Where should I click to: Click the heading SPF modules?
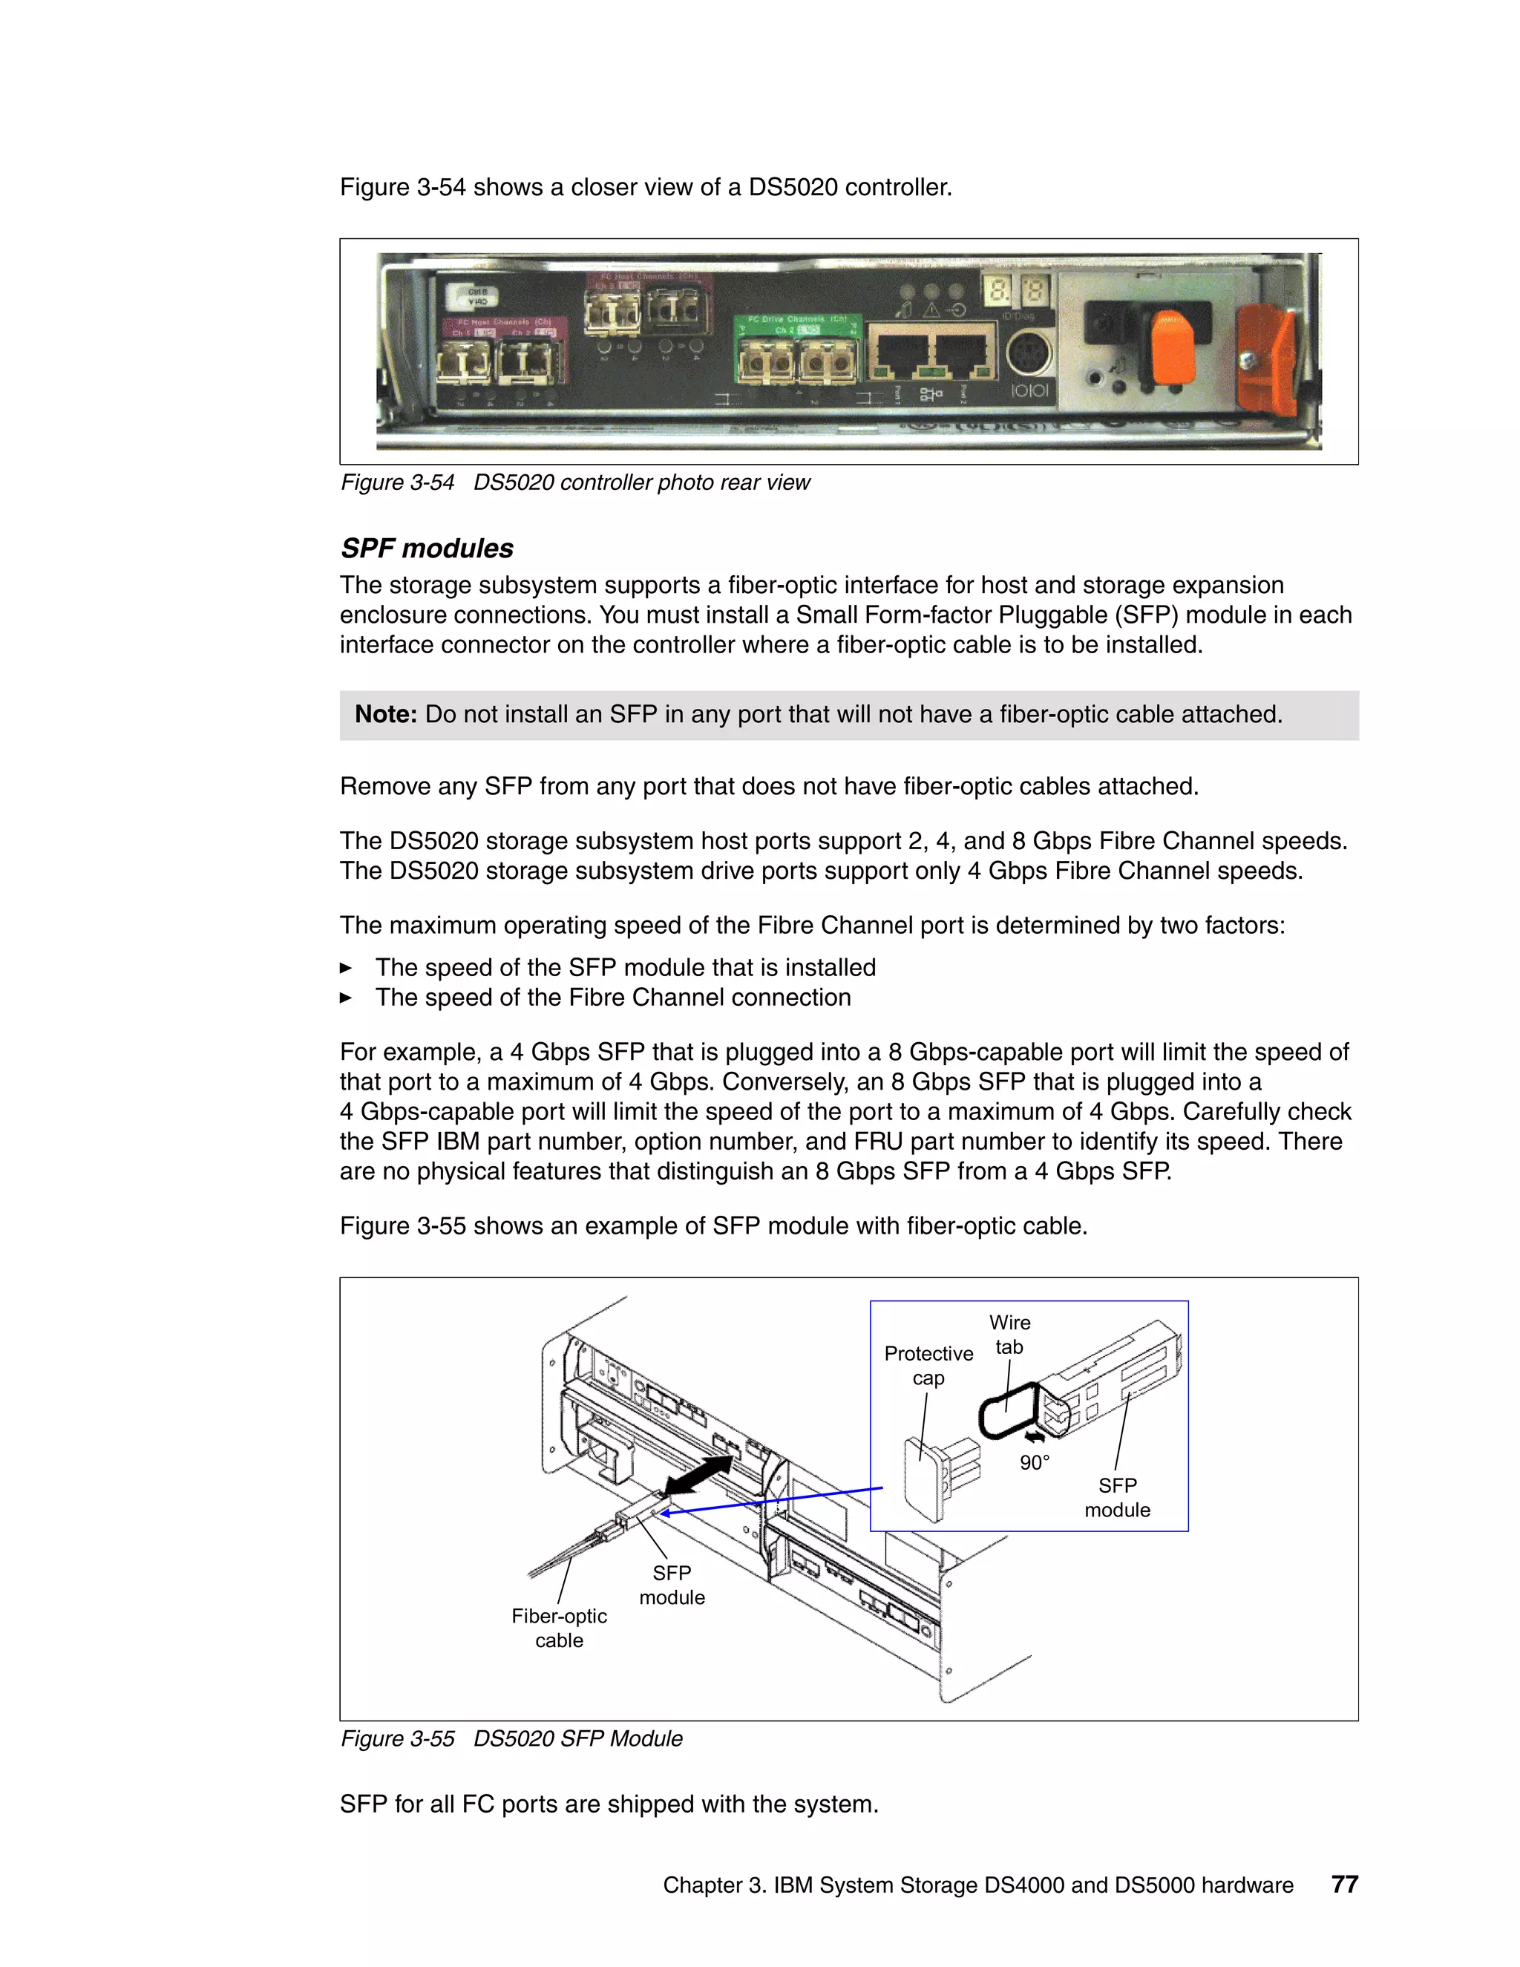[x=427, y=549]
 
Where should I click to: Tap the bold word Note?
[x=385, y=714]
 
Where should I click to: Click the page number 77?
[x=1343, y=1884]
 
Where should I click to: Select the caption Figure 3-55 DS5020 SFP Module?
[x=511, y=1738]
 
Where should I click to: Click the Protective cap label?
[x=928, y=1365]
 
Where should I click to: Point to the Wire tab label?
[x=1009, y=1335]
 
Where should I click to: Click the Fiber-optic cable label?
[x=559, y=1628]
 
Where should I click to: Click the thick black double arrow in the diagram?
[x=698, y=1476]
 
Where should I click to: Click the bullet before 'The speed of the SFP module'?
[x=346, y=968]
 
